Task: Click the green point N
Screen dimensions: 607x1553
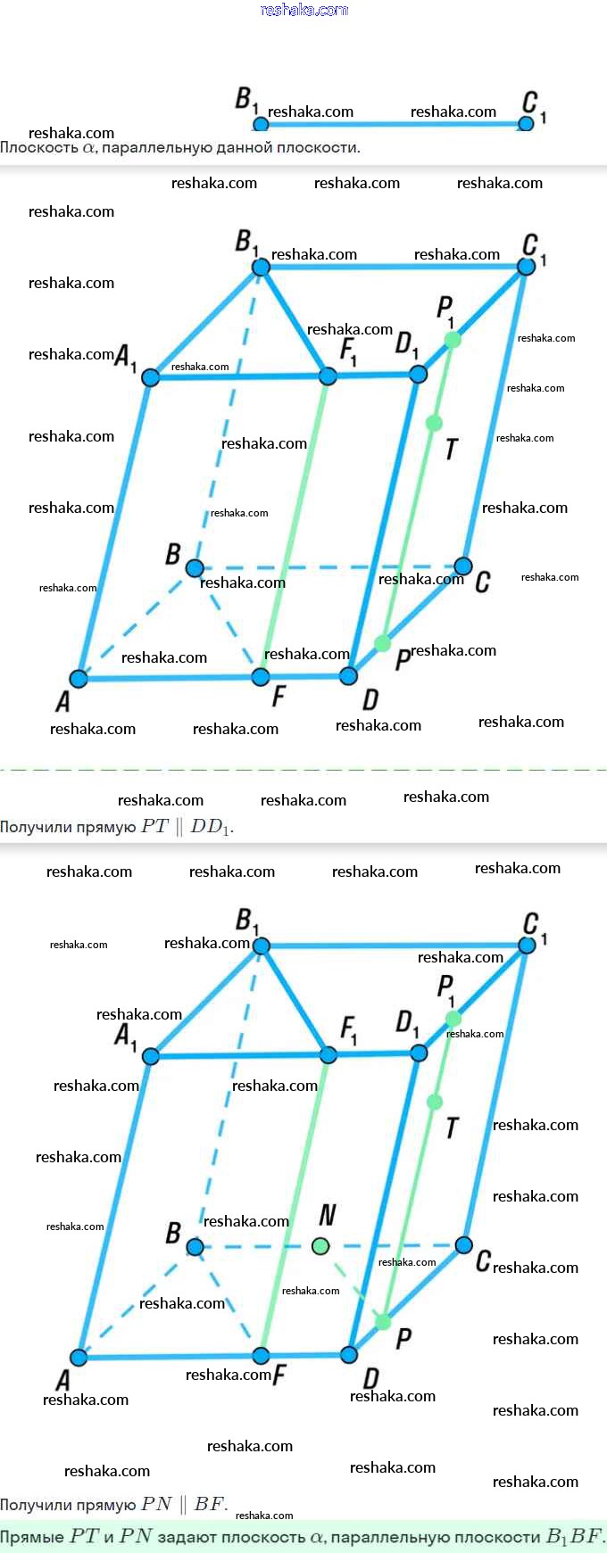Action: pyautogui.click(x=320, y=1245)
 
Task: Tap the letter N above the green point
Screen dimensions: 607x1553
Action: pyautogui.click(x=328, y=1215)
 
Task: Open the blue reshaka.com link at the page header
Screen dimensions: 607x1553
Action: pyautogui.click(x=303, y=10)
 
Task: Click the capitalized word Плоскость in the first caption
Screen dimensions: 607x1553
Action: pyautogui.click(x=39, y=147)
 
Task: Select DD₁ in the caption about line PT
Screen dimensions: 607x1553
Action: pyautogui.click(x=211, y=827)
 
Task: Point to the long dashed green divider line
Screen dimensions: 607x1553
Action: pyautogui.click(x=303, y=769)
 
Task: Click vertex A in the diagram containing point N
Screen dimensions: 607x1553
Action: pyautogui.click(x=79, y=1358)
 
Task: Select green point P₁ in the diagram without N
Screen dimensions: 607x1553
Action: pyautogui.click(x=453, y=339)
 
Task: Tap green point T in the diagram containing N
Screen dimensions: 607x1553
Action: pyautogui.click(x=435, y=1103)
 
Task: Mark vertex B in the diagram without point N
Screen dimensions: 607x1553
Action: pyautogui.click(x=195, y=567)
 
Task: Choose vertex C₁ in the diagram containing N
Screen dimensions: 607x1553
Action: pyautogui.click(x=528, y=945)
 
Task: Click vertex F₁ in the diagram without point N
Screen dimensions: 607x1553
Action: pyautogui.click(x=328, y=376)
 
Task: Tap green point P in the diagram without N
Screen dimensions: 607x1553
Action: pyautogui.click(x=383, y=643)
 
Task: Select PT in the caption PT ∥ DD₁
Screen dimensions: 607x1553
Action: pyautogui.click(x=154, y=826)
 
